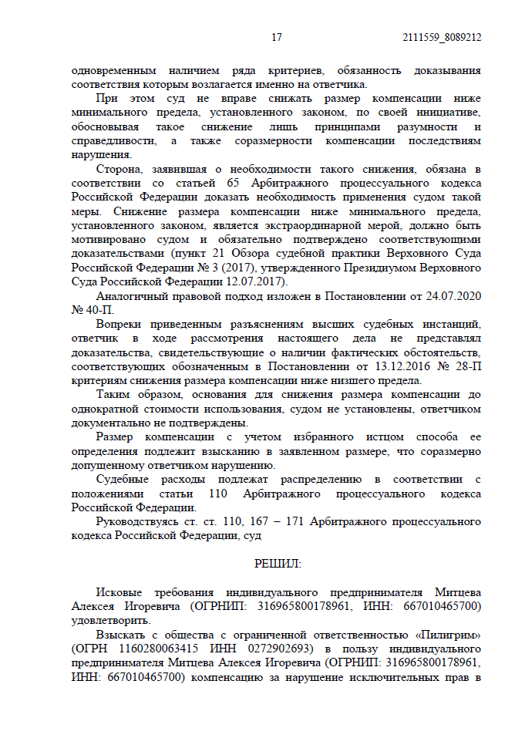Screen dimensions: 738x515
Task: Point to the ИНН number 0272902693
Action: tap(237, 648)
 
